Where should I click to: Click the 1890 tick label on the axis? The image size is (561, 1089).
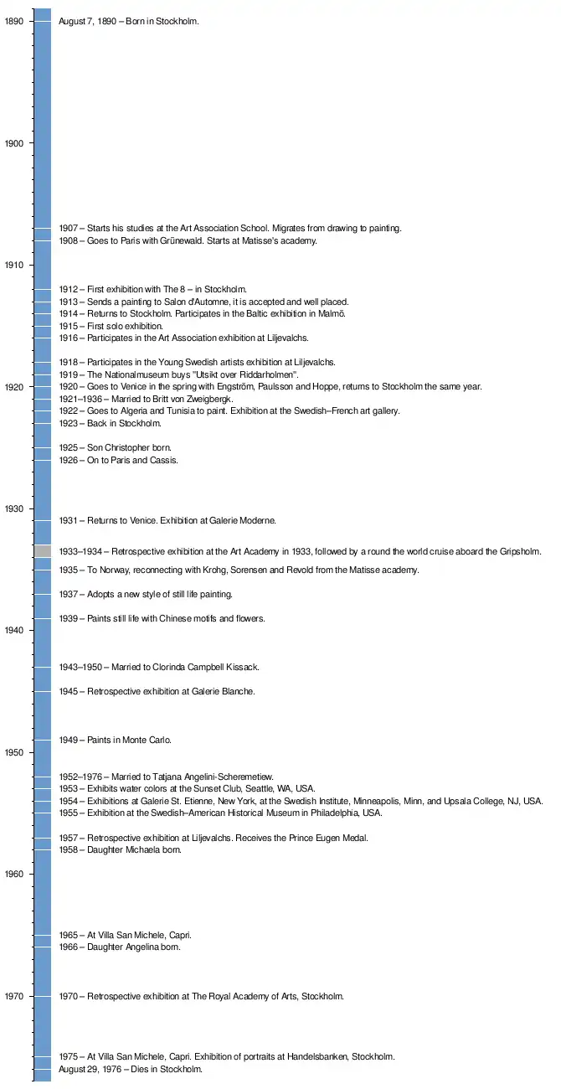pos(14,22)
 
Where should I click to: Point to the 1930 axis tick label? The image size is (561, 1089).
pos(14,509)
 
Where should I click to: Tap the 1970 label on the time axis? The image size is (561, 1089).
pos(14,997)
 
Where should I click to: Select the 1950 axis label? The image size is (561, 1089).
pos(14,753)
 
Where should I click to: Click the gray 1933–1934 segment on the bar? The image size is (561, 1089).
pos(43,551)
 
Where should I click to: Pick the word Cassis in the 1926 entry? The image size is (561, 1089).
pos(164,461)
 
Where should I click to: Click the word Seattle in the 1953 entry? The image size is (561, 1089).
pos(255,789)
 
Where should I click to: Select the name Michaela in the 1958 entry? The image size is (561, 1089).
pos(146,850)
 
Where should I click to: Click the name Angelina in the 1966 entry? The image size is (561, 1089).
pos(145,947)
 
